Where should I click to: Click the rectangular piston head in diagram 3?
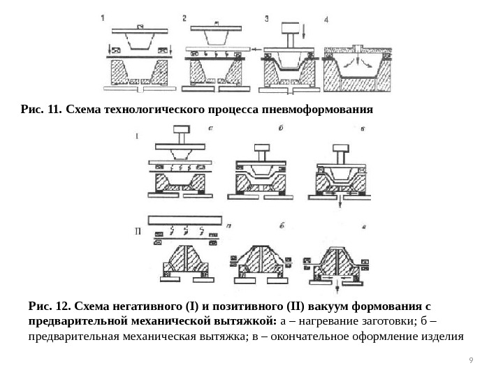point(289,27)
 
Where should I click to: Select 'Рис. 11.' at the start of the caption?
point(42,110)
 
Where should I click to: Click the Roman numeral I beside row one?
point(137,137)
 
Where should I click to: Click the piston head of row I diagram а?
point(181,128)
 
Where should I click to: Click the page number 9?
point(471,360)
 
